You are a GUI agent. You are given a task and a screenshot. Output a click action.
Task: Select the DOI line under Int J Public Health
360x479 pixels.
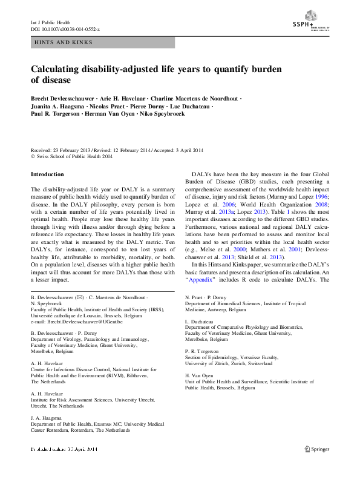65,28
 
